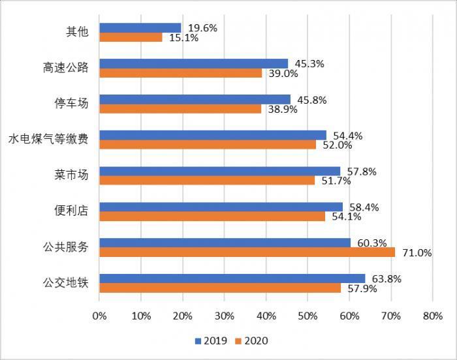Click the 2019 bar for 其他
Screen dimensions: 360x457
pyautogui.click(x=140, y=28)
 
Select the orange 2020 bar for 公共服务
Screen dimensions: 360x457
pyautogui.click(x=247, y=252)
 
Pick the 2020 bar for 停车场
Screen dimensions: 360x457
pyautogui.click(x=180, y=109)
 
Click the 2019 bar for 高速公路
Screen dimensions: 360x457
pyautogui.click(x=193, y=64)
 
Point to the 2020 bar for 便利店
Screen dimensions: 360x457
pyautogui.click(x=212, y=217)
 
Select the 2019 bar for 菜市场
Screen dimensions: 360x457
pyautogui.click(x=219, y=171)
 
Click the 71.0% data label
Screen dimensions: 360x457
pyautogui.click(x=415, y=253)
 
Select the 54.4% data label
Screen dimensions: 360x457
pyautogui.click(x=348, y=136)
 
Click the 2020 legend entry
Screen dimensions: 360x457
pyautogui.click(x=251, y=340)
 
